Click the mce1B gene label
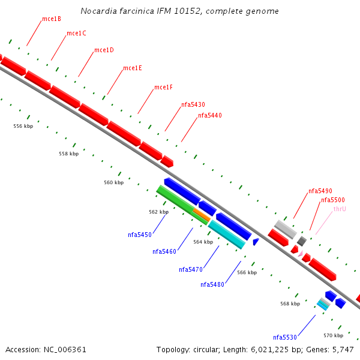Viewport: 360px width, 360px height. (51, 19)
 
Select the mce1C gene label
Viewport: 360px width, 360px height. (76, 33)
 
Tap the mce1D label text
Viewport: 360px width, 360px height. (104, 50)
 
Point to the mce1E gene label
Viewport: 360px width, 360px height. (132, 68)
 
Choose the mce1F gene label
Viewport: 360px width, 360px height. (163, 87)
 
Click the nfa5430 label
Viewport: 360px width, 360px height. (193, 104)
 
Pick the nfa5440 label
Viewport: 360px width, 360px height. (210, 115)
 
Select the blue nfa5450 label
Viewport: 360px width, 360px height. (140, 235)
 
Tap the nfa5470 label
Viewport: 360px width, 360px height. (191, 269)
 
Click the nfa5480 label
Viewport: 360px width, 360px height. (212, 284)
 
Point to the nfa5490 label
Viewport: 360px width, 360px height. (320, 191)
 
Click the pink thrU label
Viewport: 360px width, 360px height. (340, 209)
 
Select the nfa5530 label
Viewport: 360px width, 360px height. (285, 337)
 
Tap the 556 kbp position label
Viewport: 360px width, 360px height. (23, 126)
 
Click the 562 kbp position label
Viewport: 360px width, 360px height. (159, 212)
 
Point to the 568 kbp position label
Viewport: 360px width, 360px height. (290, 304)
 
